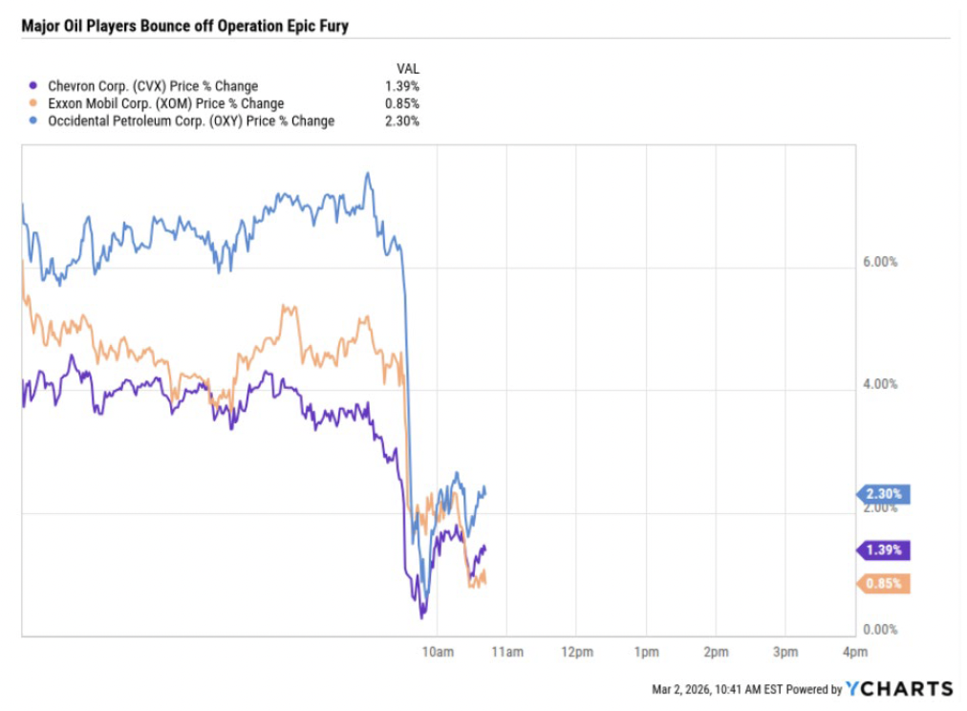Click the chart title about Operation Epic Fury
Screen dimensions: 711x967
(184, 26)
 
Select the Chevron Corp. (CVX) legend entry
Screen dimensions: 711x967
(153, 86)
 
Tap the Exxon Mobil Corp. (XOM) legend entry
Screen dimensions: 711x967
(166, 103)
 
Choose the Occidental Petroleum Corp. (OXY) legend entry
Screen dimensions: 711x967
(191, 120)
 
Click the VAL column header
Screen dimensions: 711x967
(407, 69)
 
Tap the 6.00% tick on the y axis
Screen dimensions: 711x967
(880, 262)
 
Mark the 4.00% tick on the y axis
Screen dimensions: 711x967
(880, 384)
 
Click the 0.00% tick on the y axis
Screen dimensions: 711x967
(880, 629)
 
